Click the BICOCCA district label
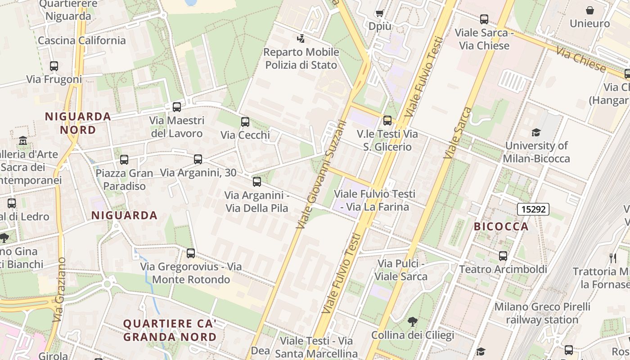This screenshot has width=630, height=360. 501,226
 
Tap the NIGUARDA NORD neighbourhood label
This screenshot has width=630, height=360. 77,123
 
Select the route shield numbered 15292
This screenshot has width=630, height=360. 533,209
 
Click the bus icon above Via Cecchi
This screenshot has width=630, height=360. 245,122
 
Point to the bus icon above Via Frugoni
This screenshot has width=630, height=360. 54,66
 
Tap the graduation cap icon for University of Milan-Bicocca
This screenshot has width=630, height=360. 536,132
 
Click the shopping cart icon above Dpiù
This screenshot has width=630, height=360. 379,13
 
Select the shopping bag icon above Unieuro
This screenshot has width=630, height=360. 589,10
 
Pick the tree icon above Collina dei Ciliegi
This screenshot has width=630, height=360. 412,322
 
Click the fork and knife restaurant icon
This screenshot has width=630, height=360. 612,258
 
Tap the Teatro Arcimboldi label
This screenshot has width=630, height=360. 503,270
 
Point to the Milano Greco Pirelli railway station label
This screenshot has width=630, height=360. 542,313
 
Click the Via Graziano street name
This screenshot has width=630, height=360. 59,289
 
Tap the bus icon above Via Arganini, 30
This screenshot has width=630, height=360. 198,159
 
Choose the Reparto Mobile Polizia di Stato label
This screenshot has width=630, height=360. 301,58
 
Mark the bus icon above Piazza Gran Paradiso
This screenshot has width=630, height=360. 124,160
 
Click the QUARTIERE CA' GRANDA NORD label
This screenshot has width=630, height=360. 170,330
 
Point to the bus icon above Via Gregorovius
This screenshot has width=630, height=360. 191,253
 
